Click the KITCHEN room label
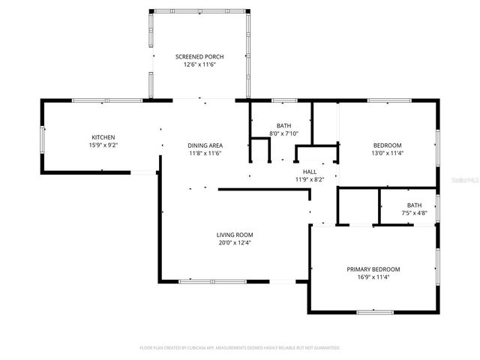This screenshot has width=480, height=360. click(103, 137)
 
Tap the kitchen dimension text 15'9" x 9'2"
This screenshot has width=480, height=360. click(103, 145)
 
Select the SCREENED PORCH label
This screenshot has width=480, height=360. click(199, 57)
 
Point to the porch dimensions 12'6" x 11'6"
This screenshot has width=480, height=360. click(199, 65)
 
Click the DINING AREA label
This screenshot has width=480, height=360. click(205, 145)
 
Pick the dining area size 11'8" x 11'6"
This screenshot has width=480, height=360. click(205, 154)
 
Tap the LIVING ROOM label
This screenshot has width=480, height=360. click(234, 235)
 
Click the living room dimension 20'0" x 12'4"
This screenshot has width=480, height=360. click(234, 243)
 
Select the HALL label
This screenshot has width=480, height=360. click(309, 172)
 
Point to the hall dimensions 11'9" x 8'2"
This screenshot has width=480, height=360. click(309, 180)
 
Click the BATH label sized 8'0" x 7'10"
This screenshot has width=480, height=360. click(283, 126)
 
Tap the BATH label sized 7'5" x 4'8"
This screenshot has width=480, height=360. click(414, 205)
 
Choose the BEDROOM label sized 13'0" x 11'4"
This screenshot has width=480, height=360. click(388, 145)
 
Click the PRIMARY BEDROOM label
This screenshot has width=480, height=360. click(373, 269)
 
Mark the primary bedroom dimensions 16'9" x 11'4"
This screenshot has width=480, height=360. click(373, 277)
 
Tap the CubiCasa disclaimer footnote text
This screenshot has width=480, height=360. click(240, 348)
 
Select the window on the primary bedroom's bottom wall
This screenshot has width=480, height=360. click(374, 312)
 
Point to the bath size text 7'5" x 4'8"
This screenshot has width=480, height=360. click(414, 214)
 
